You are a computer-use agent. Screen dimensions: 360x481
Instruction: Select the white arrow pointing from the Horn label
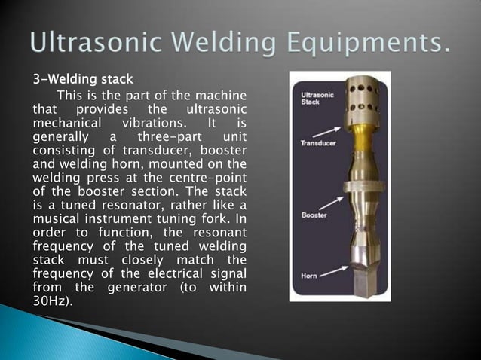[329, 269]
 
